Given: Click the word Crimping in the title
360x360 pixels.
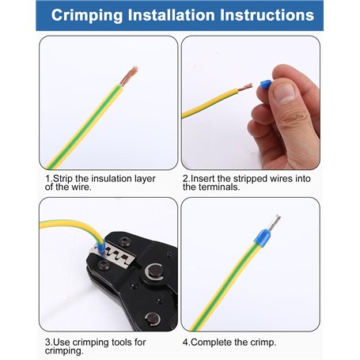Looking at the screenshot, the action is point(87,16).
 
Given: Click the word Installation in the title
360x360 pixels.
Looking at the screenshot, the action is point(171,15).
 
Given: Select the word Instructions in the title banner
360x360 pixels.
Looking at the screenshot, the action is point(267,15).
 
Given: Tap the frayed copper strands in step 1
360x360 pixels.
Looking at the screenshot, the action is point(129,76).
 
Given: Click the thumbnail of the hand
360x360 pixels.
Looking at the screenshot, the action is point(284,93).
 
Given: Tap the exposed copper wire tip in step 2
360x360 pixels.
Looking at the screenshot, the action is point(245,87).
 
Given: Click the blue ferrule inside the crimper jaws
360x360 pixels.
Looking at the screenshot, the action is point(100,248).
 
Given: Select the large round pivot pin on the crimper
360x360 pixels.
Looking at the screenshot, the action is point(154,271).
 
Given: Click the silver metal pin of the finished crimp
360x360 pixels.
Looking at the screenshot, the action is point(274,222).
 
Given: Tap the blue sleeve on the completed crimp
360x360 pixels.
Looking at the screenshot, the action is point(262,238).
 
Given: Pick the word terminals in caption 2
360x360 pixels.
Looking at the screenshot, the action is point(219,187).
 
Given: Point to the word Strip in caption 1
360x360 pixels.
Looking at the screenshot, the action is point(63,179).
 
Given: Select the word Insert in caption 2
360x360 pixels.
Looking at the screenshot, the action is point(203,179).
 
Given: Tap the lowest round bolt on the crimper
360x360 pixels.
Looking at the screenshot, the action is point(153,319).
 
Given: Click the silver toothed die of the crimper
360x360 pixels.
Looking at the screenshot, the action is point(112,256).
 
